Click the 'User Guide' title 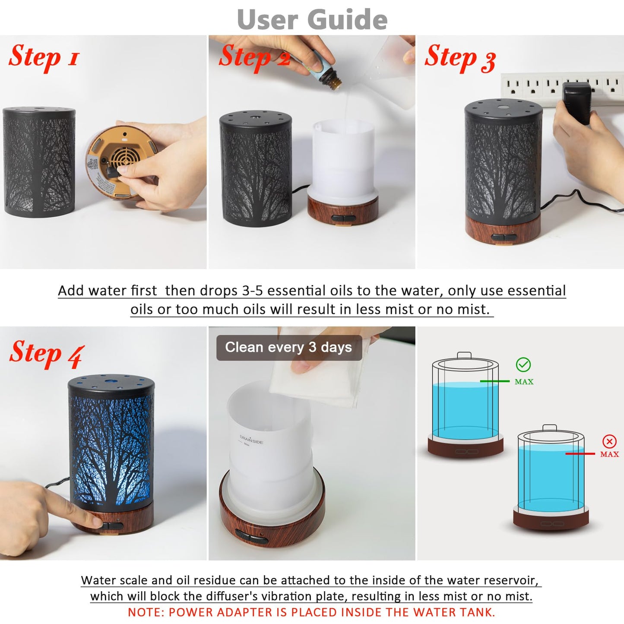click(312, 20)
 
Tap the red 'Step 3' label click(460, 58)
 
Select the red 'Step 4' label click(47, 354)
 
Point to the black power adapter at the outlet click(576, 103)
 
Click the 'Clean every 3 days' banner click(288, 348)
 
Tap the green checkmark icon click(523, 365)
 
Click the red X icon click(609, 441)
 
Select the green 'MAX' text click(524, 382)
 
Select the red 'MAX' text click(609, 454)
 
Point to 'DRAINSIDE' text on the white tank click(251, 440)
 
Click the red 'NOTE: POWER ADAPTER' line click(311, 612)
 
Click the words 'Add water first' click(107, 291)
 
